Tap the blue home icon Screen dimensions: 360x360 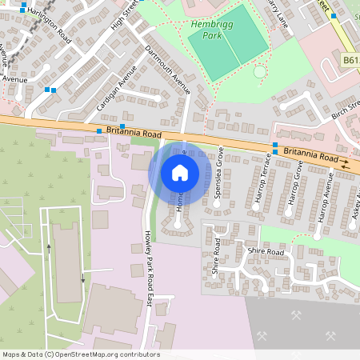click(180, 172)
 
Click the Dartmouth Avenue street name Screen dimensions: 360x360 click(167, 69)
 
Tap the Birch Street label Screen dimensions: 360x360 click(346, 109)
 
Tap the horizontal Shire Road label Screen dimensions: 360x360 click(266, 252)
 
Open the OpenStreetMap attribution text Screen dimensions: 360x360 click(80, 354)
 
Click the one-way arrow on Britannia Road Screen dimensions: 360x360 click(344, 161)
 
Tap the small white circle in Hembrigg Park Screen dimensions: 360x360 click(259, 72)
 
